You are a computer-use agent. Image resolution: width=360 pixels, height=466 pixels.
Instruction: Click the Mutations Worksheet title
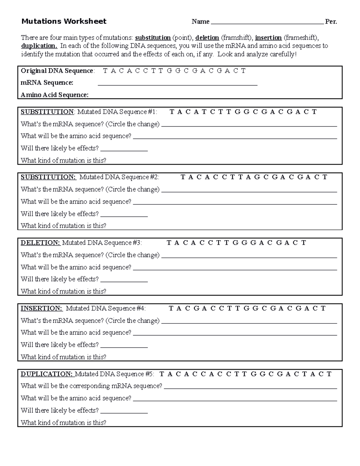pyautogui.click(x=64, y=21)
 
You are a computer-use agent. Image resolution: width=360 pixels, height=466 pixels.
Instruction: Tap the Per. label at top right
pyautogui.click(x=331, y=22)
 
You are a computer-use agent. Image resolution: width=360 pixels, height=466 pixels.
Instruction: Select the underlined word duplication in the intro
pyautogui.click(x=39, y=46)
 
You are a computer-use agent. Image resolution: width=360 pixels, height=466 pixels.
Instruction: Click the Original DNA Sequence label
pyautogui.click(x=57, y=71)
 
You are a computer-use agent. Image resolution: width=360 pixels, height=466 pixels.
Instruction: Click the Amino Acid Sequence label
pyautogui.click(x=55, y=95)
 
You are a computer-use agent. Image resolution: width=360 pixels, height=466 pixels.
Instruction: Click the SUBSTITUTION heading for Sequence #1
pyautogui.click(x=47, y=112)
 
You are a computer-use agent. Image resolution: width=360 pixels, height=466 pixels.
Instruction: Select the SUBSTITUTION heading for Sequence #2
pyautogui.click(x=48, y=177)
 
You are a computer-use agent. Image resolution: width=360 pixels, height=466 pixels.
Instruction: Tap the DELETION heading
pyautogui.click(x=40, y=242)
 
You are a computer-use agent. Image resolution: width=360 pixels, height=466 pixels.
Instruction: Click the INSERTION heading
pyautogui.click(x=41, y=308)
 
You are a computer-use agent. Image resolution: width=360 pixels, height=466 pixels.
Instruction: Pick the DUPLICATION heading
pyautogui.click(x=46, y=374)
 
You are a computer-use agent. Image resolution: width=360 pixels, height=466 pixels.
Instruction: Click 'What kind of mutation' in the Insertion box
pyautogui.click(x=63, y=357)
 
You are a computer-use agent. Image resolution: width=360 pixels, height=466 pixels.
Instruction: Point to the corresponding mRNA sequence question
pyautogui.click(x=91, y=386)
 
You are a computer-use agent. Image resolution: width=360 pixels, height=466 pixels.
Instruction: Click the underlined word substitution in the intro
pyautogui.click(x=153, y=38)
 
